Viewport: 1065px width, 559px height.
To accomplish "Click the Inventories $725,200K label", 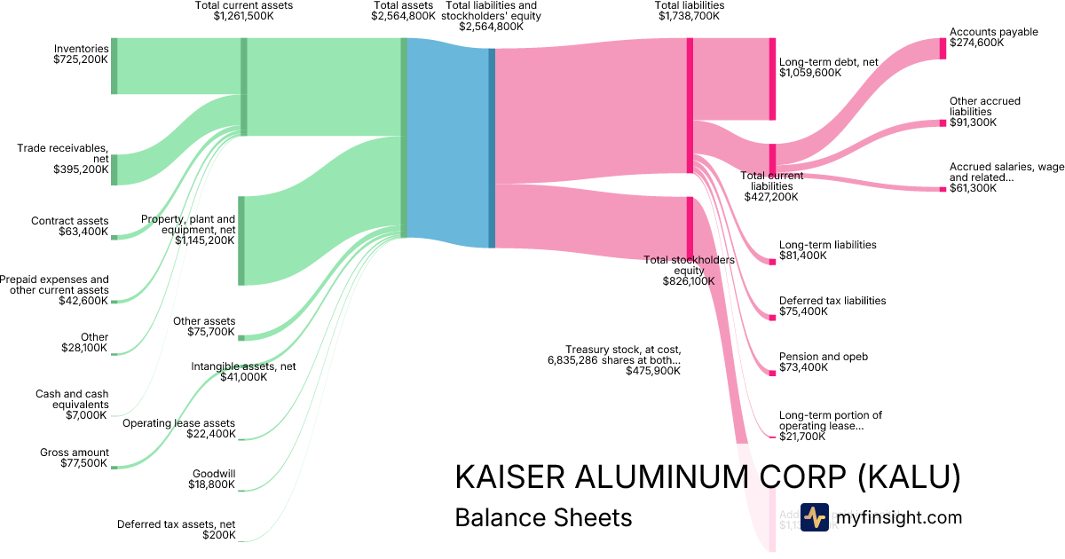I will pyautogui.click(x=81, y=55).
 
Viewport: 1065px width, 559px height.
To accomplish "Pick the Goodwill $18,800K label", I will pyautogui.click(x=213, y=479).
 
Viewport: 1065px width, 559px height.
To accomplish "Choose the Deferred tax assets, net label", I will pyautogui.click(x=177, y=530).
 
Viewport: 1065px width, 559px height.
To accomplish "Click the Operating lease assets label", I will pyautogui.click(x=179, y=429).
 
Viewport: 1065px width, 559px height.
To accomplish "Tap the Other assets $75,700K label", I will pyautogui.click(x=204, y=327).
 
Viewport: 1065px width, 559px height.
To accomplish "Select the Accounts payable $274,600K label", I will pyautogui.click(x=993, y=37).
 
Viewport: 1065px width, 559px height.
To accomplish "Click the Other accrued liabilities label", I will pyautogui.click(x=984, y=112).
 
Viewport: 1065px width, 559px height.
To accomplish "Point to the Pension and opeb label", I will pyautogui.click(x=823, y=362).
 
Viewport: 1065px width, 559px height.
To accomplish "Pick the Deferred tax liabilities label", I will pyautogui.click(x=832, y=306).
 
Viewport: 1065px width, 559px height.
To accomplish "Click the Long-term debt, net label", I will pyautogui.click(x=828, y=67).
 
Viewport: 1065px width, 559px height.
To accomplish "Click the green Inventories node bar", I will pyautogui.click(x=114, y=66).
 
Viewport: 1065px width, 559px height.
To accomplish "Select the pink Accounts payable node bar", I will pyautogui.click(x=943, y=48).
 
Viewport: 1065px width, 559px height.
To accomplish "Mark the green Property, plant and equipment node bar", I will pyautogui.click(x=241, y=240).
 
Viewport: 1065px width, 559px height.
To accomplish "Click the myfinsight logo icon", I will pyautogui.click(x=814, y=517).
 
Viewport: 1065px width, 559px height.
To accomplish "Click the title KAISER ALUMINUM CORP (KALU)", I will pyautogui.click(x=707, y=477).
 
